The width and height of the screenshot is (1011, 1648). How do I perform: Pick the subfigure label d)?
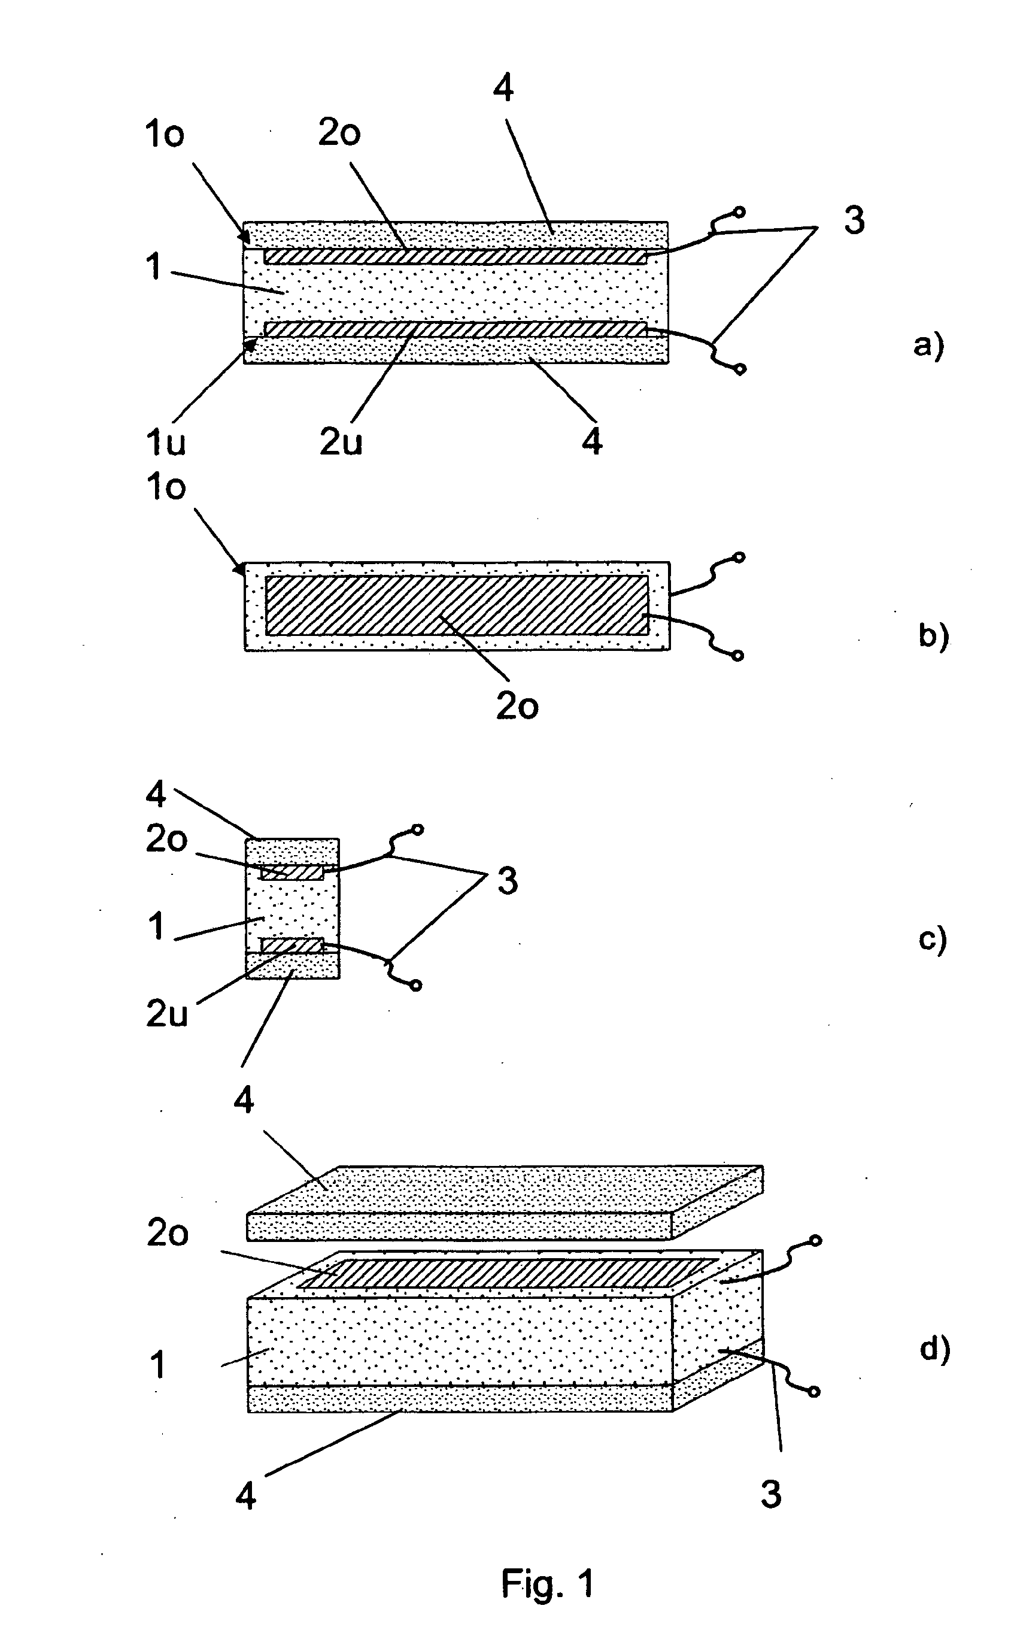click(x=935, y=1349)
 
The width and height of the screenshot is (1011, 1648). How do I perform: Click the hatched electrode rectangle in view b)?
click(x=457, y=605)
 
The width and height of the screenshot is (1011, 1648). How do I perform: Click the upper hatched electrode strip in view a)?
click(x=456, y=256)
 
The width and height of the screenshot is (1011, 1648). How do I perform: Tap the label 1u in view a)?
click(x=165, y=442)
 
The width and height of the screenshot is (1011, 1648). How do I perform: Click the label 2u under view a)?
click(x=341, y=442)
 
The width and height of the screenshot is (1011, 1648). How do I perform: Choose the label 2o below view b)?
click(x=517, y=705)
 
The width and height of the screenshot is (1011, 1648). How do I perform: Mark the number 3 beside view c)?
click(x=508, y=881)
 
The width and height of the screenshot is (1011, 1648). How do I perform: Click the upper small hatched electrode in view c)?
click(x=292, y=872)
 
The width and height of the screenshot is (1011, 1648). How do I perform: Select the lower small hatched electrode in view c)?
click(x=292, y=945)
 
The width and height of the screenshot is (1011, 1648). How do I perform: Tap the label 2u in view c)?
click(x=166, y=1014)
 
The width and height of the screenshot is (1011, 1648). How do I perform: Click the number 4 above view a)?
click(x=503, y=87)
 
